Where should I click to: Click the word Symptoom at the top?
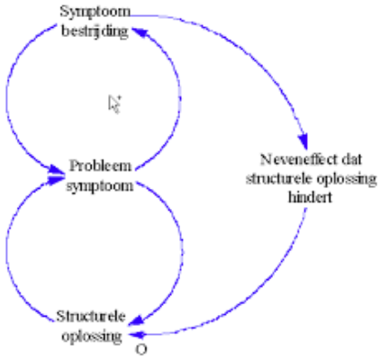(95, 13)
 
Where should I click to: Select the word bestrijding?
(95, 31)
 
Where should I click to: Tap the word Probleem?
(100, 166)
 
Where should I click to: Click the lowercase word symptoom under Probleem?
(100, 186)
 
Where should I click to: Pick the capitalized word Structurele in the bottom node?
(91, 316)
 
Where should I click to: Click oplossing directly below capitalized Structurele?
(92, 337)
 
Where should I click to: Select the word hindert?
(310, 197)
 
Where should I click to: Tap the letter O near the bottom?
(141, 349)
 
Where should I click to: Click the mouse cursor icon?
(114, 104)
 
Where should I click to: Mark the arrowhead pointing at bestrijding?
(139, 31)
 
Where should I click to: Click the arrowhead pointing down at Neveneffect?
(304, 141)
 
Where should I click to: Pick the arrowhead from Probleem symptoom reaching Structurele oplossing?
(137, 320)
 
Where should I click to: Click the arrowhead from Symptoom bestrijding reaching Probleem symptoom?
(56, 169)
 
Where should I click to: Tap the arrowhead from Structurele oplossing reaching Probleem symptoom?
(56, 179)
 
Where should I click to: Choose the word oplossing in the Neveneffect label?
(347, 180)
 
